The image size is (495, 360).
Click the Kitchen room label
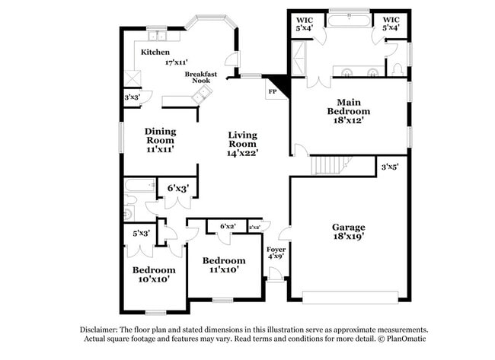point(155,52)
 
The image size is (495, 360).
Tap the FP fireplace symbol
point(272,91)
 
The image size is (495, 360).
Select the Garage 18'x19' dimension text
point(348,237)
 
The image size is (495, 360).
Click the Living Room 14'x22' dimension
point(243,152)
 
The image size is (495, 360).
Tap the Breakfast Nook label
point(201,78)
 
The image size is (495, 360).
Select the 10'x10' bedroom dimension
point(154,279)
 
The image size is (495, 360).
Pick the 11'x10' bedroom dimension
point(224,269)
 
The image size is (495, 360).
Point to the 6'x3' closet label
point(177,186)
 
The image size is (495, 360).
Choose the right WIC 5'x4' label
point(391,24)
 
